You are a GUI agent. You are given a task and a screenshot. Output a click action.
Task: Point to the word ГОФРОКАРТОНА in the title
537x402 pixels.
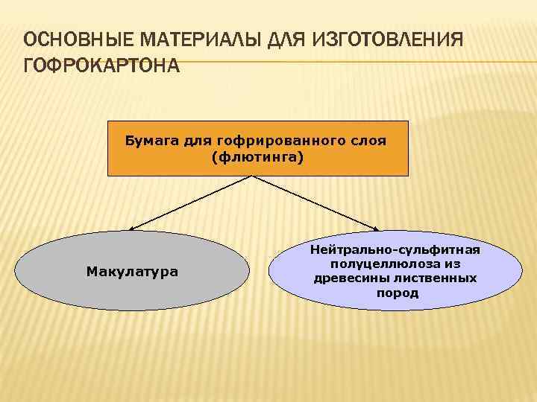point(101,66)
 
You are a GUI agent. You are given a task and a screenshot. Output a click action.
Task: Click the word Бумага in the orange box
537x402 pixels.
point(146,141)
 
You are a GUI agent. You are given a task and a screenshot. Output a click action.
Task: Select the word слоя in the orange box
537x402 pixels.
point(370,141)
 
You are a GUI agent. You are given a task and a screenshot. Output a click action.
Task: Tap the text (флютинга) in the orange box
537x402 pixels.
point(258,157)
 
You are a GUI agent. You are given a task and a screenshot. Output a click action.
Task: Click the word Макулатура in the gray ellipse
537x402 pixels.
point(132,271)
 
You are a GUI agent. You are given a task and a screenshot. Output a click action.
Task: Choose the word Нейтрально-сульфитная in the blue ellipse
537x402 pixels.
point(396,250)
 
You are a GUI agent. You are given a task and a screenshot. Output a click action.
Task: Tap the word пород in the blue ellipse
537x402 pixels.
point(397,293)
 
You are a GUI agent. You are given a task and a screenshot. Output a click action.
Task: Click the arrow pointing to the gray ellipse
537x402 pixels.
point(190,203)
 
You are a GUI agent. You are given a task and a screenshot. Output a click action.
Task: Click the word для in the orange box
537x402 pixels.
point(193,141)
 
